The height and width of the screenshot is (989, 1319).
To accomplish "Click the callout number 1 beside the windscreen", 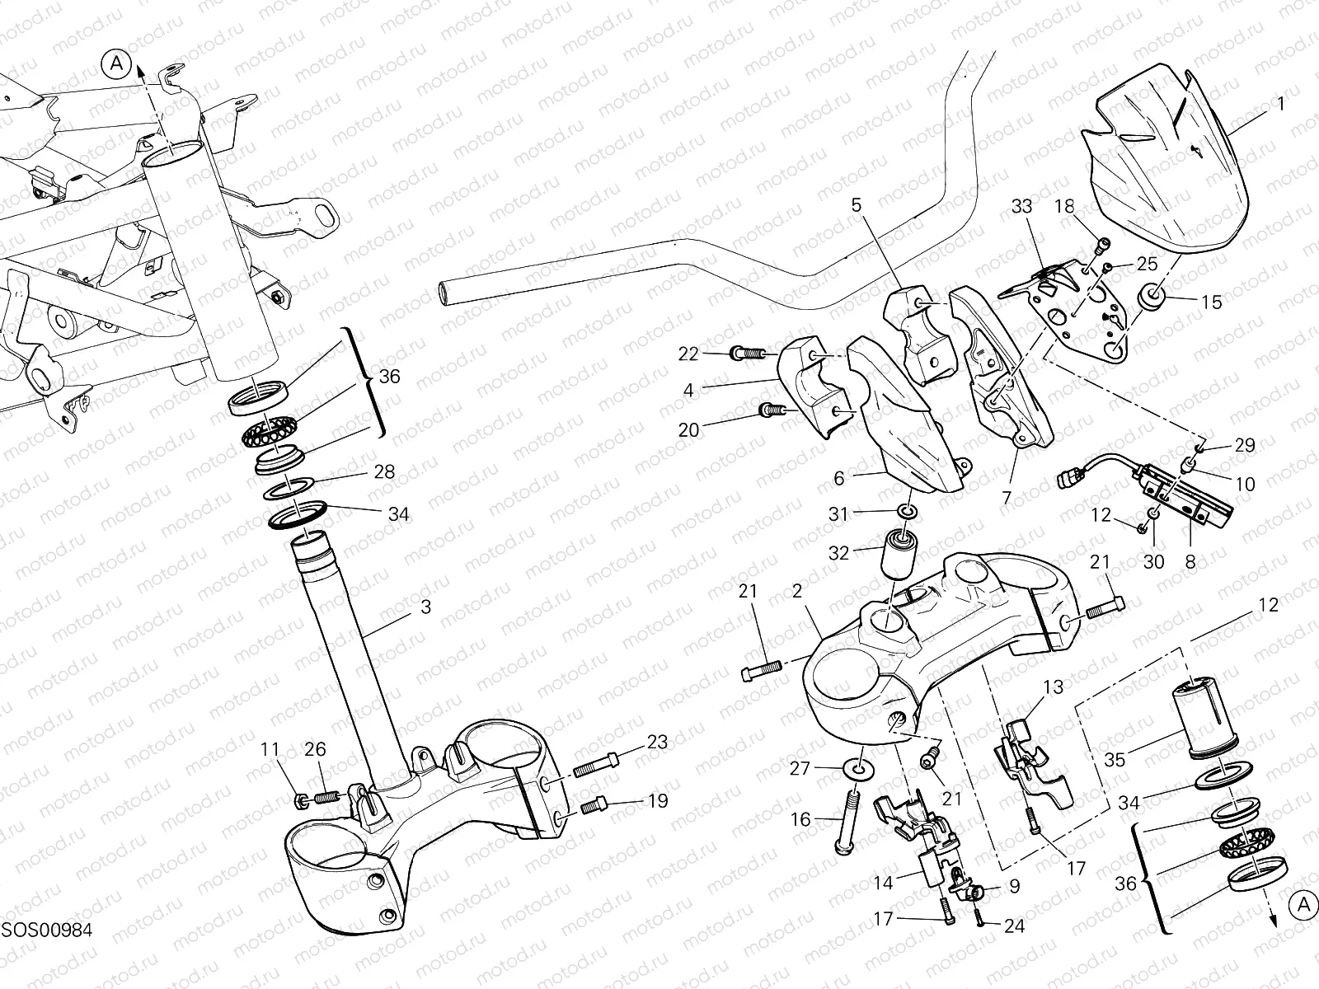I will (x=1280, y=105).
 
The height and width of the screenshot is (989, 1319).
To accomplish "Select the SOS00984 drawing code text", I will (x=45, y=930).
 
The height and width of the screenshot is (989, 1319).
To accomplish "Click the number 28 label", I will (x=384, y=472).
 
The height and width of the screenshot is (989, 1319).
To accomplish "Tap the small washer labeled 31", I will (x=908, y=513).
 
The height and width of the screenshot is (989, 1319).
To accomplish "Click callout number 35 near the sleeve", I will (x=1115, y=759).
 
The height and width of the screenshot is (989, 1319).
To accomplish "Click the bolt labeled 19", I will (x=595, y=805).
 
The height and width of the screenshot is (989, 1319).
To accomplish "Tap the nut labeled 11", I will (x=302, y=799).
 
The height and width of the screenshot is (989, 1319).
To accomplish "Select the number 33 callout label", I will (x=1021, y=207).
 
